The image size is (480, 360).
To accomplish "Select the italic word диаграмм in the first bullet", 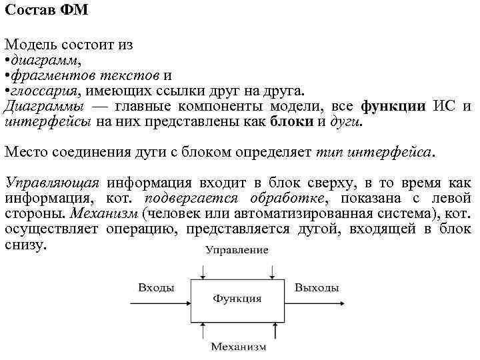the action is [43, 61].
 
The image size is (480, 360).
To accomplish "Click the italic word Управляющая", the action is [52, 183].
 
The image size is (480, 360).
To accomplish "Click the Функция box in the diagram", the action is [237, 299].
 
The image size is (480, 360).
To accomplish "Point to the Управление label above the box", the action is [237, 251].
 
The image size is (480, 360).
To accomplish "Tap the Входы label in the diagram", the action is [156, 287].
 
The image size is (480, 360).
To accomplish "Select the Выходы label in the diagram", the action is [317, 287].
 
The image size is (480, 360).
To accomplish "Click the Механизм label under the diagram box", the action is [238, 347].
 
